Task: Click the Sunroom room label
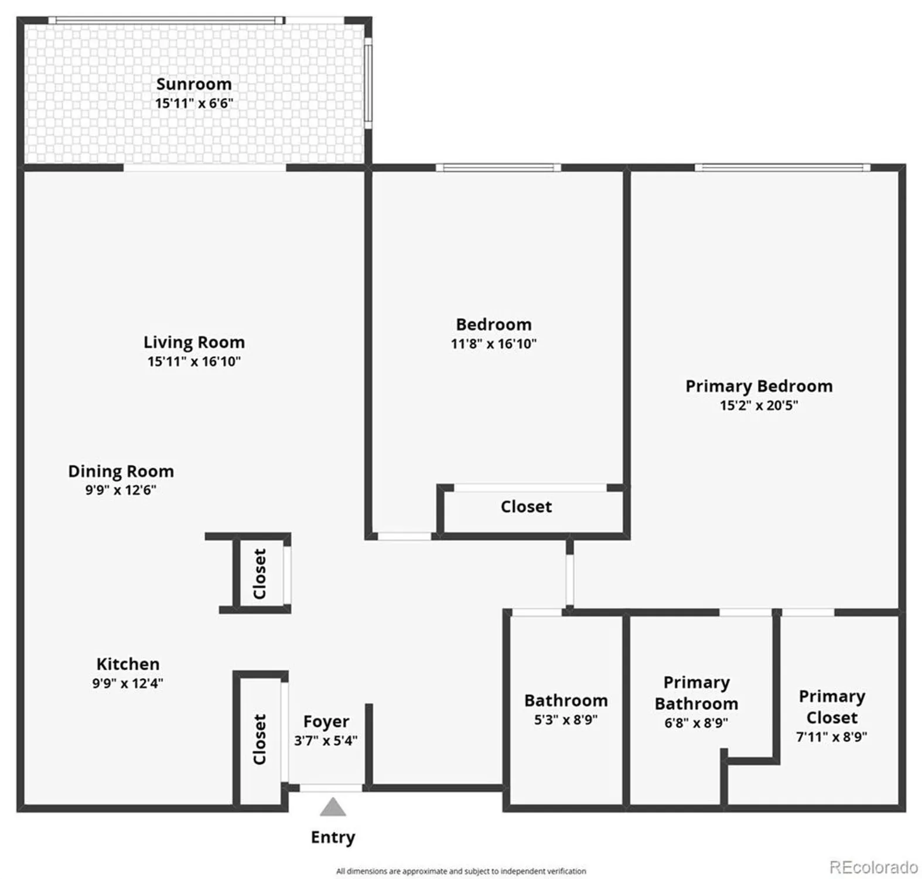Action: tap(194, 84)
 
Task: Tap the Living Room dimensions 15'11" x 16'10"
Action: tap(194, 362)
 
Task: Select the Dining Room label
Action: tap(121, 471)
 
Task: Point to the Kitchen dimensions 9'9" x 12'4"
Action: tap(127, 683)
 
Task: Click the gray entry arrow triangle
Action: tap(333, 808)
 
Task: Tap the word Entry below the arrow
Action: tap(333, 837)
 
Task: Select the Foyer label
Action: tap(326, 721)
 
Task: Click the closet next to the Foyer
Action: tap(259, 740)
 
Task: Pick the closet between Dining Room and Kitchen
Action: tap(259, 574)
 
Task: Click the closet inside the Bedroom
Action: tap(526, 507)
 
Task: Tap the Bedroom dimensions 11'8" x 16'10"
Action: tap(493, 344)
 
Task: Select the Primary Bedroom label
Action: tap(759, 386)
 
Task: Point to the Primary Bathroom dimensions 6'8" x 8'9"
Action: tap(696, 723)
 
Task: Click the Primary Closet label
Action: tap(831, 707)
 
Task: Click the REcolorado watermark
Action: tap(873, 866)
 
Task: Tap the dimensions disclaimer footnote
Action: tap(460, 871)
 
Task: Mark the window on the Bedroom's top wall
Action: tap(498, 168)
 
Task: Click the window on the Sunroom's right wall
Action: tap(368, 83)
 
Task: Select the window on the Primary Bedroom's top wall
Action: tap(782, 168)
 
